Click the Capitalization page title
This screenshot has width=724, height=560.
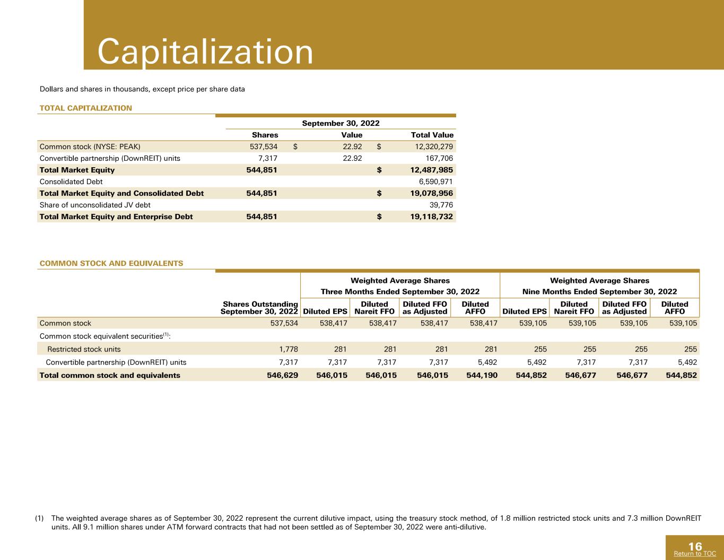(205, 51)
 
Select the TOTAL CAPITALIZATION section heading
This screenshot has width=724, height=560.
(85, 108)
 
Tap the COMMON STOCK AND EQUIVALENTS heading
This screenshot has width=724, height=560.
(111, 263)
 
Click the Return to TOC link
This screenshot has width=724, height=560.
(695, 554)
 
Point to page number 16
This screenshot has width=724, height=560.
(695, 546)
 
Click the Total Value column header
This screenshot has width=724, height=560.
(432, 135)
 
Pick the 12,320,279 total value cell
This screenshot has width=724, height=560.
(434, 147)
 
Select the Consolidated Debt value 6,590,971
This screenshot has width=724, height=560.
(436, 182)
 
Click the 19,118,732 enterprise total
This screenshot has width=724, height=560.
(431, 217)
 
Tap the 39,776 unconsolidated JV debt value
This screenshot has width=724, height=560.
(441, 205)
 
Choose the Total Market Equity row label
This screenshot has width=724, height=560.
(77, 170)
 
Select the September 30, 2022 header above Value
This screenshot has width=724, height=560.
(341, 123)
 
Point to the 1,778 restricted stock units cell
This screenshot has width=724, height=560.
(289, 349)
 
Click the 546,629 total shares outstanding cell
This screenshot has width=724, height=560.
(283, 375)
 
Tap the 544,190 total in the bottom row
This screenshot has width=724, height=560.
(482, 375)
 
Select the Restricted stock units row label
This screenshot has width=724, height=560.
(84, 349)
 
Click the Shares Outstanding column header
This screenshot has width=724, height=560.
(259, 308)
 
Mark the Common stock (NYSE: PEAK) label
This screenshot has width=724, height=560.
(90, 147)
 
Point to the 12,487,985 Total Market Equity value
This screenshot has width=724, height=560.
(431, 170)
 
